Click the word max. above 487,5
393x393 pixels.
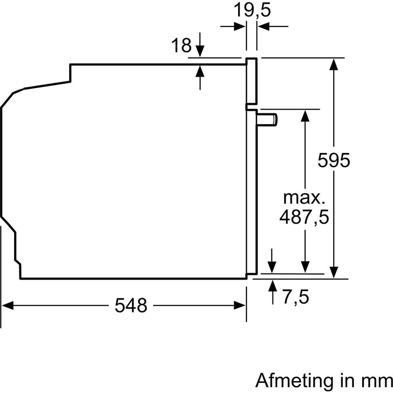point(304,198)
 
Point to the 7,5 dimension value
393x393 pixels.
point(296,297)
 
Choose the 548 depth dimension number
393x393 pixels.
point(131,305)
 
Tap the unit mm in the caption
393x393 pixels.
point(378,381)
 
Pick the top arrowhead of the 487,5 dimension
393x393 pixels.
point(305,115)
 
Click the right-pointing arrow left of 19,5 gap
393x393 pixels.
point(239,27)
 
